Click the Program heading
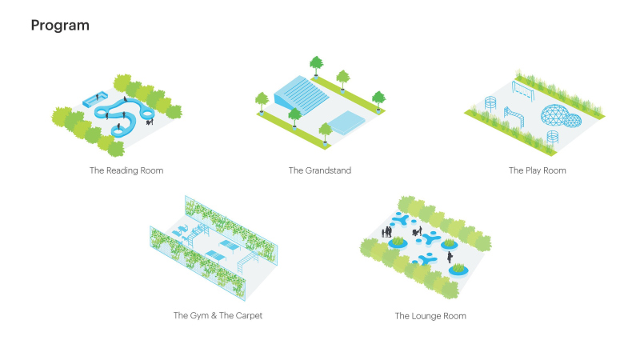[x=60, y=26]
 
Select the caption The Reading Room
[x=126, y=170]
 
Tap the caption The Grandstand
[x=320, y=170]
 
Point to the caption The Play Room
[x=537, y=170]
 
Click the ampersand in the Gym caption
[x=214, y=315]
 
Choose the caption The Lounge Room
[x=430, y=316]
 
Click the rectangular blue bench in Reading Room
[x=94, y=99]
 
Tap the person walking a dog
[x=150, y=121]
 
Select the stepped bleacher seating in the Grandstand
[x=302, y=95]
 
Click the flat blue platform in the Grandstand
[x=346, y=122]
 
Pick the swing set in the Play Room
[x=523, y=90]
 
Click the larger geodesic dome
[x=554, y=115]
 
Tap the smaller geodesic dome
[x=573, y=121]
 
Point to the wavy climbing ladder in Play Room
[x=514, y=116]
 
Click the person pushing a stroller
[x=417, y=232]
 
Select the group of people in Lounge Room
[x=386, y=232]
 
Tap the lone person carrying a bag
[x=450, y=257]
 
